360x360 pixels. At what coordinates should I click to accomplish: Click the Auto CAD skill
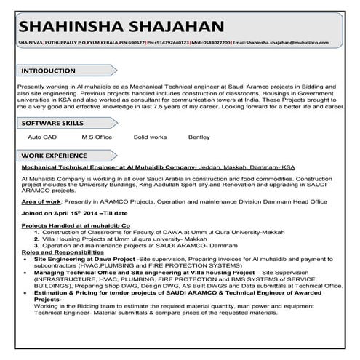pos(42,137)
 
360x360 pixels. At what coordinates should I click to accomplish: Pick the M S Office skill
pos(97,137)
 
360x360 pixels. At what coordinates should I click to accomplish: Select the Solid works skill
pos(150,137)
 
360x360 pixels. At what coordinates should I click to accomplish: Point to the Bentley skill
pos(199,137)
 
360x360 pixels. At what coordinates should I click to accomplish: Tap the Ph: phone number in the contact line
pos(169,43)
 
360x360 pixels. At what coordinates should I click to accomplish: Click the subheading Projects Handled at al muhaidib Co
pos(76,227)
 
